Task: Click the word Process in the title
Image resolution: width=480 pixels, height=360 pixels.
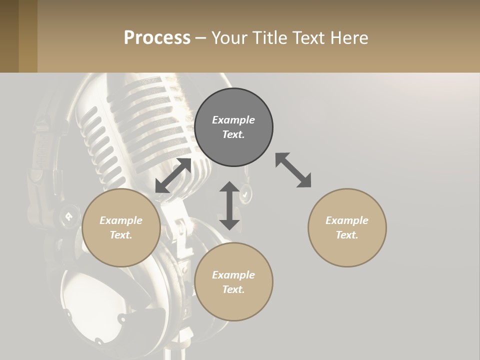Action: pos(157,38)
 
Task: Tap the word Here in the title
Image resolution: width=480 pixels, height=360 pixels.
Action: pos(349,38)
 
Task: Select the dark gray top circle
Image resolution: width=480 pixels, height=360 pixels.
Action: pos(233,127)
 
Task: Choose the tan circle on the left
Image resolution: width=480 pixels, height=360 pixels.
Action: pos(121,227)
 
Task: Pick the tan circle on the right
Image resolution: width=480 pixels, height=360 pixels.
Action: pos(347,227)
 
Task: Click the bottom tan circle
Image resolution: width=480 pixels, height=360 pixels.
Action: pos(233,282)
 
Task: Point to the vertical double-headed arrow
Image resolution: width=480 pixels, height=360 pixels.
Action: pos(229,205)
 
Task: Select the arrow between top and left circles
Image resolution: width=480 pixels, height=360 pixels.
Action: pos(173,175)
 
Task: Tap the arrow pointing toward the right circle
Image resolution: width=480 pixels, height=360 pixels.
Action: pos(293,170)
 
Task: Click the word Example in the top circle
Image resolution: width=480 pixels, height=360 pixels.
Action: pos(233,120)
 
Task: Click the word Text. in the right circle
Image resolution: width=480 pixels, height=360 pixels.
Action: pos(347,235)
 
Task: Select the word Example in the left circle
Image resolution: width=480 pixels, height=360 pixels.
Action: pos(121,220)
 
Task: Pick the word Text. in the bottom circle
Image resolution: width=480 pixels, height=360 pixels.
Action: pos(233,289)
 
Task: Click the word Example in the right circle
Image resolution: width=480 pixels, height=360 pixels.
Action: pos(347,220)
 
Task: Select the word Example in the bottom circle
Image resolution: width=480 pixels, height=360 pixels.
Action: pos(233,275)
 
